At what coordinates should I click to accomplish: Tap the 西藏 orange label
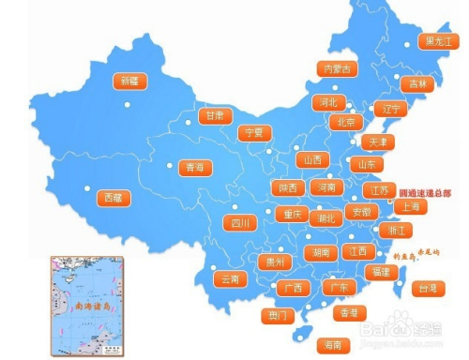(113, 198)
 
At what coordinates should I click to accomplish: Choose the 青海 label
(194, 168)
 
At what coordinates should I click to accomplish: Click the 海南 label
(330, 344)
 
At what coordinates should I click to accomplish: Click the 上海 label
(410, 206)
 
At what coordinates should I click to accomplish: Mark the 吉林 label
(412, 83)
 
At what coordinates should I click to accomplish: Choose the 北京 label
(343, 122)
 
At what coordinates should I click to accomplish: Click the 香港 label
(348, 312)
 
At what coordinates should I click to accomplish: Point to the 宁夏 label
(254, 133)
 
